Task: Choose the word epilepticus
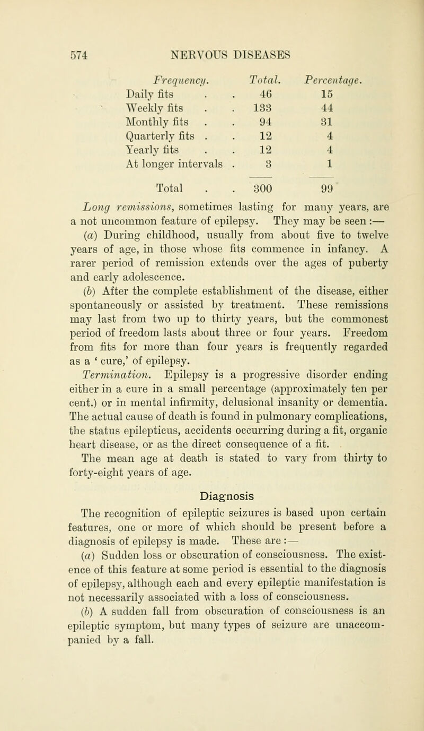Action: click(148, 401)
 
